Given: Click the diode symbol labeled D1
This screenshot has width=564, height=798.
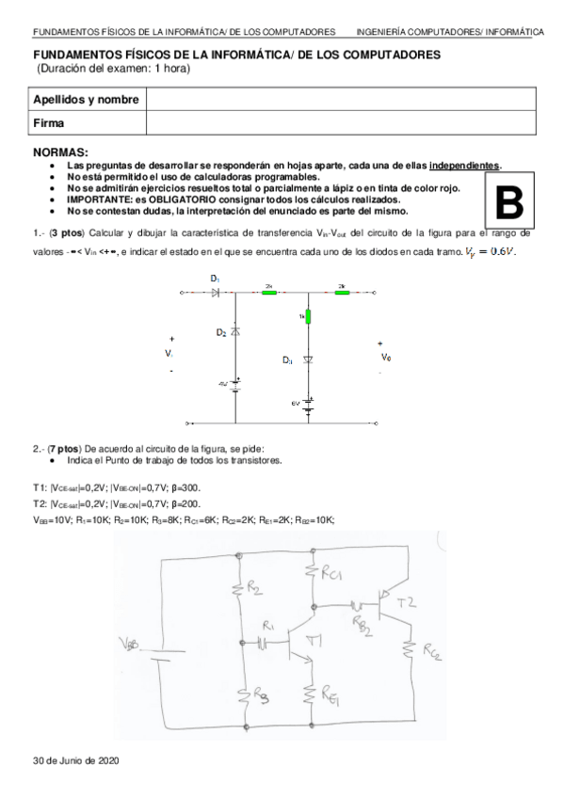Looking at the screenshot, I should click(216, 293).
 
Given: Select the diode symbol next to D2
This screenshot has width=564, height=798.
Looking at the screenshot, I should click(234, 334).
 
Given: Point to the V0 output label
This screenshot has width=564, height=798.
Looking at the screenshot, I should click(385, 358).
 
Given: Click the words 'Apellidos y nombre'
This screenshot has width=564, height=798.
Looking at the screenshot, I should click(87, 100).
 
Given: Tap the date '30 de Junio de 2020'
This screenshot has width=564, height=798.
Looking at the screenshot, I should click(75, 759).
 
